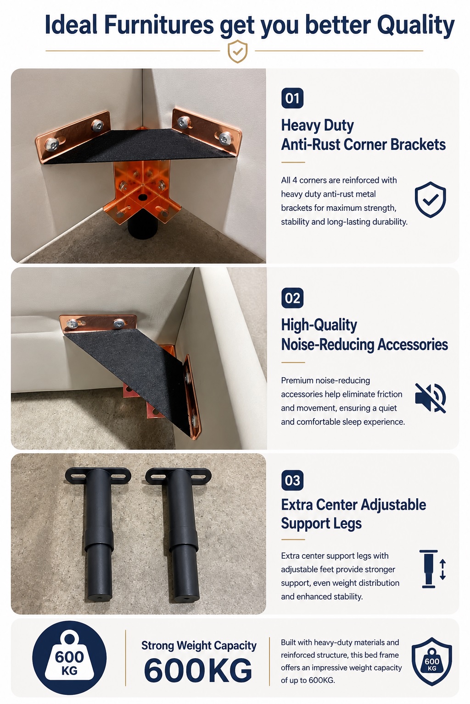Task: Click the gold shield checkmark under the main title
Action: click(238, 51)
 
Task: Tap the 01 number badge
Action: click(292, 98)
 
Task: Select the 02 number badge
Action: click(292, 298)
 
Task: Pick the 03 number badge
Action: click(292, 480)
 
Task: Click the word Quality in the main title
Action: click(415, 26)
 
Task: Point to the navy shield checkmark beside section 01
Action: click(431, 199)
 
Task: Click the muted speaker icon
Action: click(431, 398)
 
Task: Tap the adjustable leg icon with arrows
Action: click(432, 569)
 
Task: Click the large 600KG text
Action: click(198, 671)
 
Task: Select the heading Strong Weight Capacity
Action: click(199, 645)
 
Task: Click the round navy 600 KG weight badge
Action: click(69, 658)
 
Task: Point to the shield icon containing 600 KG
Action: click(431, 661)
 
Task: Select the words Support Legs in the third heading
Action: click(321, 523)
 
